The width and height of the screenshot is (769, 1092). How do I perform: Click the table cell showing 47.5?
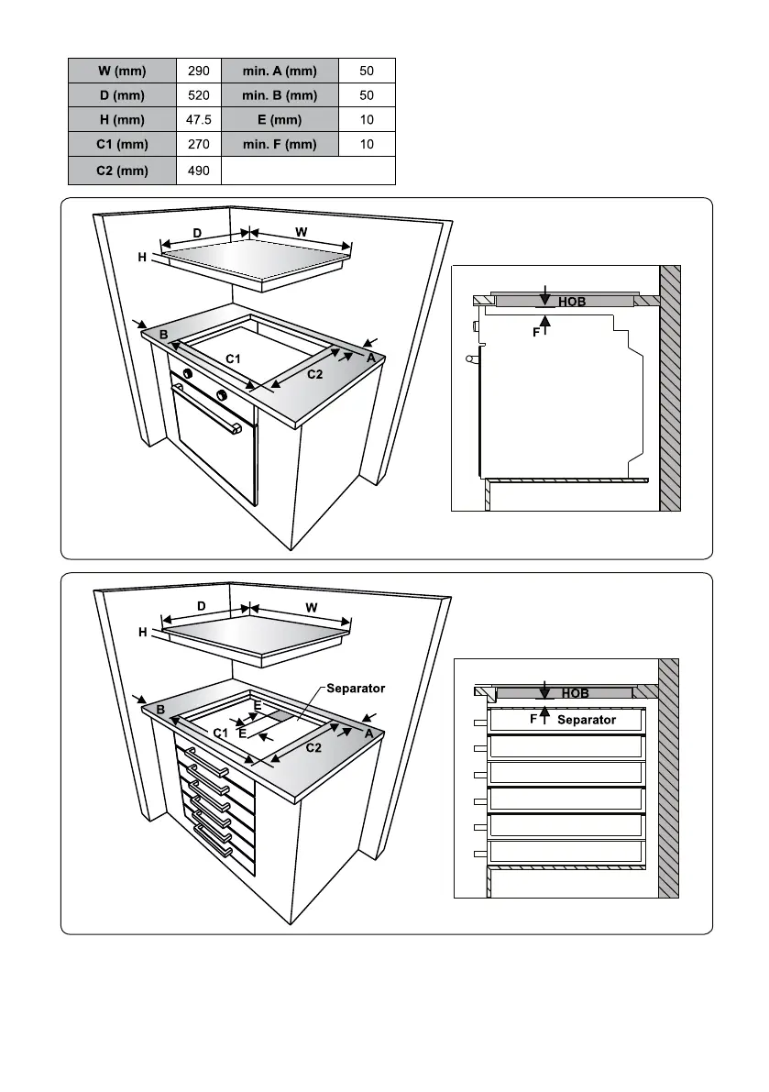coord(199,120)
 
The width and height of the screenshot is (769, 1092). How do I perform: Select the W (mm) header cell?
coord(122,71)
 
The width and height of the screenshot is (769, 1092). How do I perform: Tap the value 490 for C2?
coord(199,171)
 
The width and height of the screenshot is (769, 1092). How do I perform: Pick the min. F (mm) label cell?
coord(280,145)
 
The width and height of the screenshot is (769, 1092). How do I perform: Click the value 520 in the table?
coord(199,95)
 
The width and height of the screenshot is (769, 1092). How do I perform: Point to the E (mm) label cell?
coord(280,120)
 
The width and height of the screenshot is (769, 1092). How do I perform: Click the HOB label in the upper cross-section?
coord(571,302)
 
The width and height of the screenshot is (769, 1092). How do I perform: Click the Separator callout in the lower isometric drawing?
coord(356,688)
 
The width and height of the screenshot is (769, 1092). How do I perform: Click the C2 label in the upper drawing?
coord(314,374)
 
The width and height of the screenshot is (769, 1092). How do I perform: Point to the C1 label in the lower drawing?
coord(220,733)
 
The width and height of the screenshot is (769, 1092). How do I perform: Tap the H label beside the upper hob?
coord(142,258)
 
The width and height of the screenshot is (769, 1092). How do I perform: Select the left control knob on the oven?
coord(187,374)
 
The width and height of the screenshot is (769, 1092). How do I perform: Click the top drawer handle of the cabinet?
coord(206,763)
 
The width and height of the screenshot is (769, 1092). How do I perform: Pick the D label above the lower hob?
coord(202,606)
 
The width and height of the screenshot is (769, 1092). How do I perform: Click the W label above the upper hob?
coord(301,233)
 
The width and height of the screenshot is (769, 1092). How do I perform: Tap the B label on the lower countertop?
coord(159,711)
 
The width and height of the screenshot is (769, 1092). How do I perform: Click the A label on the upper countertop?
coord(371,358)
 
